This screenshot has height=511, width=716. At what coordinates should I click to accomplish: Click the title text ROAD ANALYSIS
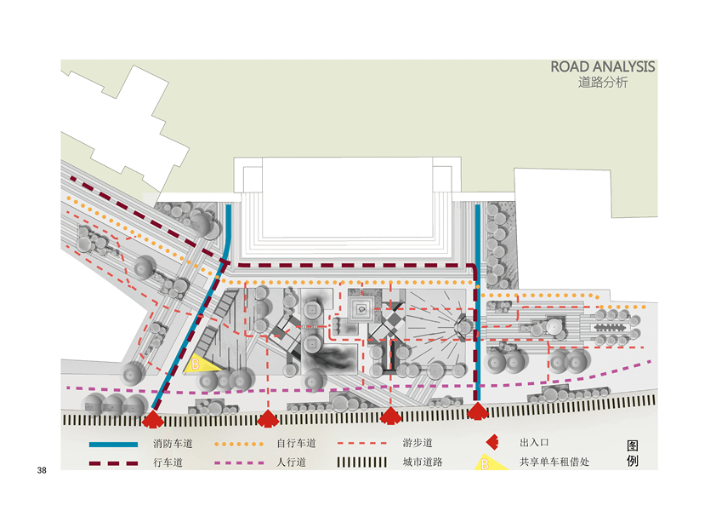pyautogui.click(x=602, y=66)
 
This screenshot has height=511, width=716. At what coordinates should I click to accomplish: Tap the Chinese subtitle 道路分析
pyautogui.click(x=602, y=83)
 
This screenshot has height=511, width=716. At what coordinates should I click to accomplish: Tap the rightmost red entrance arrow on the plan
pyautogui.click(x=478, y=413)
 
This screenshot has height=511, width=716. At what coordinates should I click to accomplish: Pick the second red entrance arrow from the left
pyautogui.click(x=267, y=418)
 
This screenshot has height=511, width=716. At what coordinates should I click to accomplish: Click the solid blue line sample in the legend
pyautogui.click(x=113, y=445)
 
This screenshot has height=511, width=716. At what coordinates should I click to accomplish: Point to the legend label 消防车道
pyautogui.click(x=173, y=444)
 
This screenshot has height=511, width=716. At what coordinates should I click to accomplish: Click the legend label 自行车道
pyautogui.click(x=296, y=444)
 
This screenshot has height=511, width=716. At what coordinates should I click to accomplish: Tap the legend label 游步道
pyautogui.click(x=418, y=444)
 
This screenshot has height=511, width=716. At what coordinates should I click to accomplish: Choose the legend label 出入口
pyautogui.click(x=535, y=444)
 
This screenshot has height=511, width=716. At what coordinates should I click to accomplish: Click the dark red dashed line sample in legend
pyautogui.click(x=113, y=464)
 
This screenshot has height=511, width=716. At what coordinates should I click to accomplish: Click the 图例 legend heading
pyautogui.click(x=632, y=454)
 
